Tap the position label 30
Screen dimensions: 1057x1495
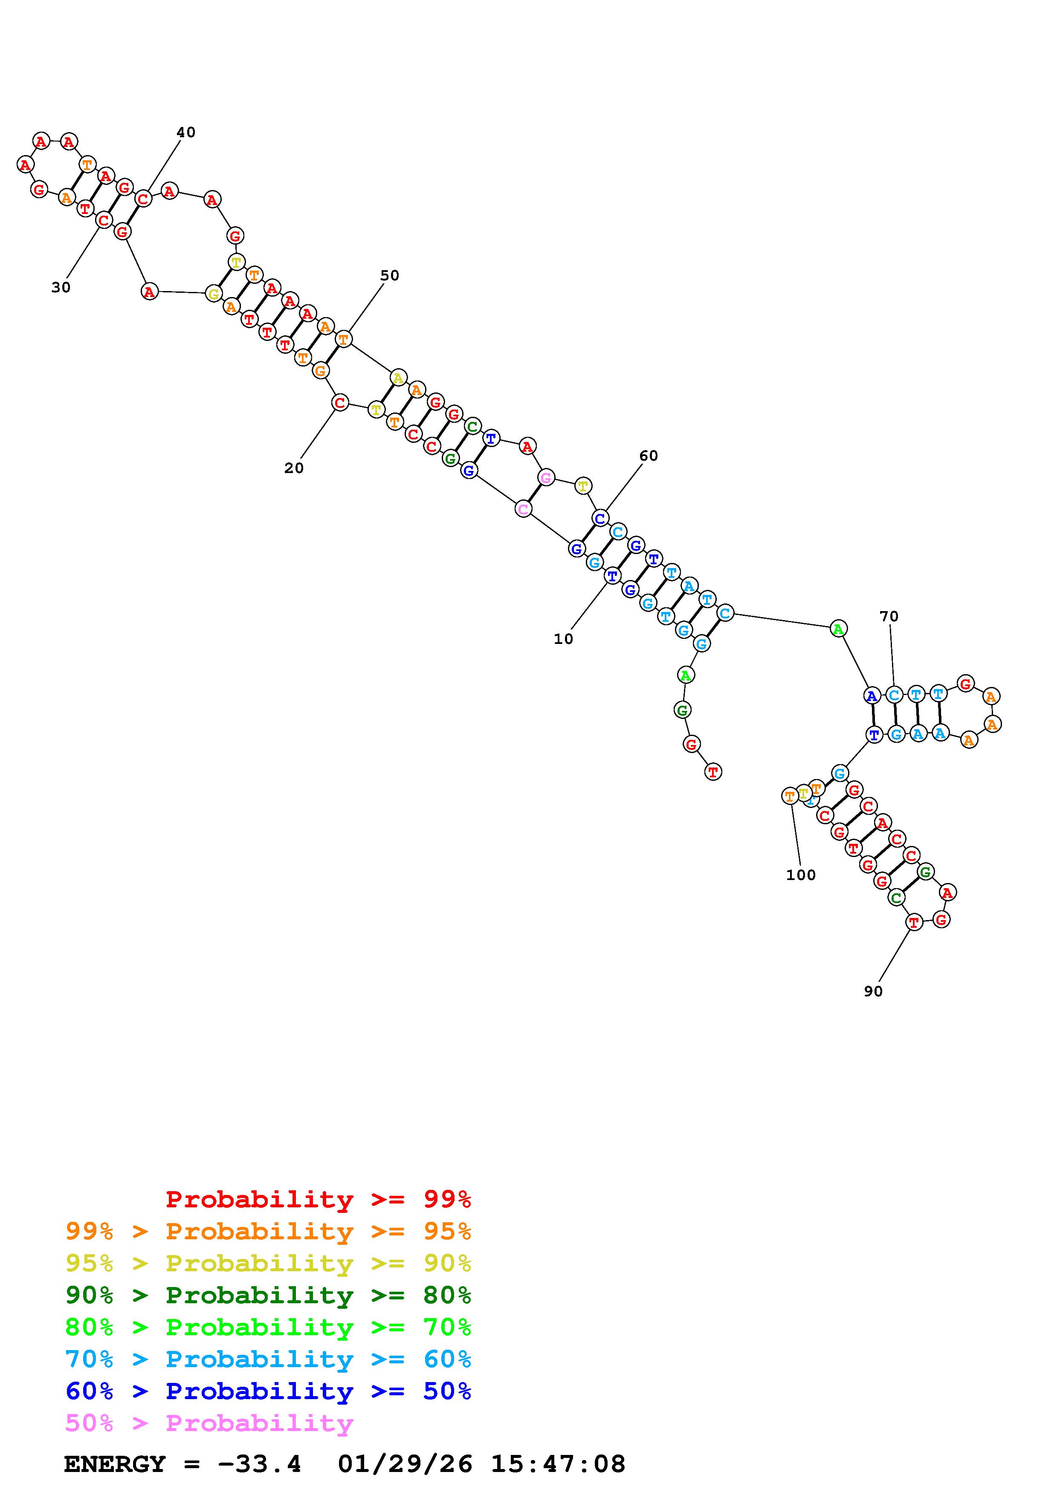click(61, 287)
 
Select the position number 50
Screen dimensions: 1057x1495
click(389, 275)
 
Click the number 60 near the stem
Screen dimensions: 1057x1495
click(648, 456)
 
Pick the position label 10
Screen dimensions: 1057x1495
click(563, 639)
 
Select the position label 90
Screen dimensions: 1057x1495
click(873, 991)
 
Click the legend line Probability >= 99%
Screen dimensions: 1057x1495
click(319, 1199)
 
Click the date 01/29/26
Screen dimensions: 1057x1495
click(405, 1464)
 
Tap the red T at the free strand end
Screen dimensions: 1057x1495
click(713, 772)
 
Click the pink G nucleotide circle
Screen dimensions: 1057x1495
click(546, 478)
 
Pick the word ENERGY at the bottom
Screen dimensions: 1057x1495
click(115, 1464)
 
